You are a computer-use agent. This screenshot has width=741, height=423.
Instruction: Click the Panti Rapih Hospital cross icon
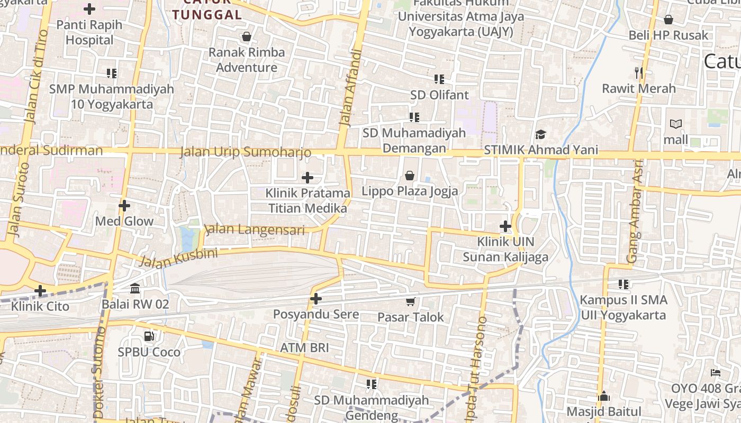click(x=89, y=9)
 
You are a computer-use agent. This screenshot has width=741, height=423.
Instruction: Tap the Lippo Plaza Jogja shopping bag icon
click(x=409, y=175)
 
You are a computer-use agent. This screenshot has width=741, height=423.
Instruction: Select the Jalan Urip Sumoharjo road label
click(x=246, y=152)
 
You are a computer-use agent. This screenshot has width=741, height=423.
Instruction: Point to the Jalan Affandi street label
click(x=349, y=87)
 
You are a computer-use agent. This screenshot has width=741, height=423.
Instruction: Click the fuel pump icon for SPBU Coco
click(x=149, y=336)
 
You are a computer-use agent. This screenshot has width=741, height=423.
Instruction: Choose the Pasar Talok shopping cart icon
click(x=410, y=301)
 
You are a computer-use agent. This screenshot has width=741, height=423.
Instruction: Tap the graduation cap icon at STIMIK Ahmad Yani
click(x=540, y=134)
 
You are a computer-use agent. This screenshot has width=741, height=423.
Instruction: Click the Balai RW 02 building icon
click(x=135, y=289)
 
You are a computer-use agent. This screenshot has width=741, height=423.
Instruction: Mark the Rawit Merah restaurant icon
click(x=639, y=72)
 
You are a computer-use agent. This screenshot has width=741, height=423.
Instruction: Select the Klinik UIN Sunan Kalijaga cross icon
click(x=505, y=226)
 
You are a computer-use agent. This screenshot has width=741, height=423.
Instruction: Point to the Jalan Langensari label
click(x=255, y=230)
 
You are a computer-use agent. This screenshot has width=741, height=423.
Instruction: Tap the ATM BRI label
click(x=304, y=348)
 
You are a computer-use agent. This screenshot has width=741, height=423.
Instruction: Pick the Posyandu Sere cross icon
click(x=316, y=299)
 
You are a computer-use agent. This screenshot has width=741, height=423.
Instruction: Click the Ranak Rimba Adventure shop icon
click(x=246, y=36)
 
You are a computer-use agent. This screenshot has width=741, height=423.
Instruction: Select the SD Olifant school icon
click(x=439, y=79)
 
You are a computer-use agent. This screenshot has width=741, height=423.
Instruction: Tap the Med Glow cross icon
click(x=124, y=205)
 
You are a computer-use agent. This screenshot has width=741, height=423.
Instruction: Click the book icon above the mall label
click(x=676, y=124)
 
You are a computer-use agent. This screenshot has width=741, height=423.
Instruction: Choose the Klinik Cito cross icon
click(x=40, y=290)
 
